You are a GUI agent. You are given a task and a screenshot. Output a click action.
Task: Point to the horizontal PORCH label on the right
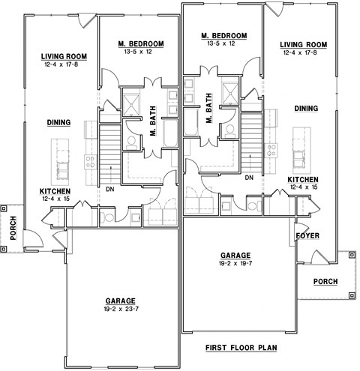click(x=325, y=282)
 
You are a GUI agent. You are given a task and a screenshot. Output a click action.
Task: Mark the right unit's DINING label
click(x=306, y=109)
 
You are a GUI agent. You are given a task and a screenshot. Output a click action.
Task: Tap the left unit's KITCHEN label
click(x=55, y=191)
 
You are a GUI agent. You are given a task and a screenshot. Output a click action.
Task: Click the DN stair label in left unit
click(x=109, y=190)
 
